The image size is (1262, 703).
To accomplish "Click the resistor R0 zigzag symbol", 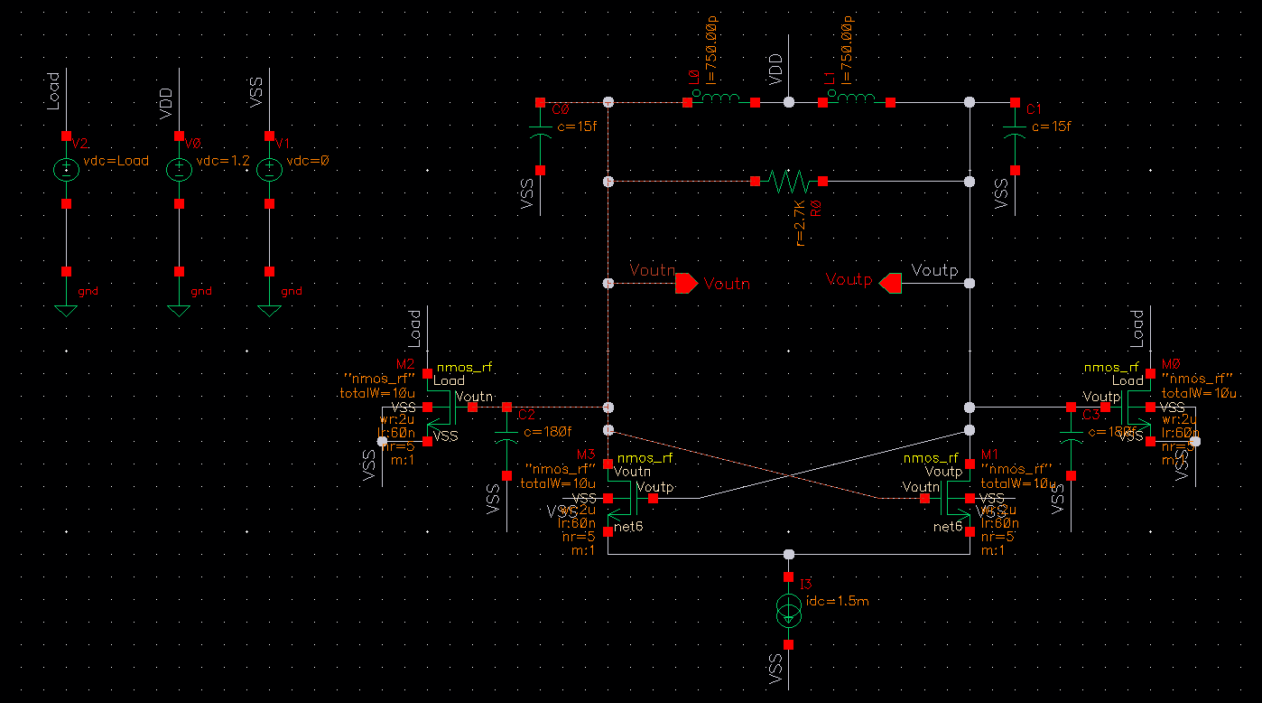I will click(x=788, y=182).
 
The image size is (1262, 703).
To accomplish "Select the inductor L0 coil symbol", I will click(x=721, y=100).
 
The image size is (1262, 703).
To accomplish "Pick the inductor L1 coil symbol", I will click(x=857, y=100).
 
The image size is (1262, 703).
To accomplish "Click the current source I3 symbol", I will click(x=789, y=611).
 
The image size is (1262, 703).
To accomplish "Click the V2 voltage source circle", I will click(x=66, y=170).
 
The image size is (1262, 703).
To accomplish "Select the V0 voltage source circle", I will click(x=179, y=170).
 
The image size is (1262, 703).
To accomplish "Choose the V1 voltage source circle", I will click(x=269, y=170).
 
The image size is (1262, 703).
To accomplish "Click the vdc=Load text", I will click(x=116, y=161).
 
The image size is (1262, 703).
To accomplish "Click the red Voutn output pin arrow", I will click(x=686, y=284).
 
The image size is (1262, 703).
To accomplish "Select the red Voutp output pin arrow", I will click(x=891, y=284).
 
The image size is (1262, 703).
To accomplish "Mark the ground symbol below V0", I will click(x=179, y=310).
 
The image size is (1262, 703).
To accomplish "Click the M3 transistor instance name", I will click(x=587, y=454).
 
